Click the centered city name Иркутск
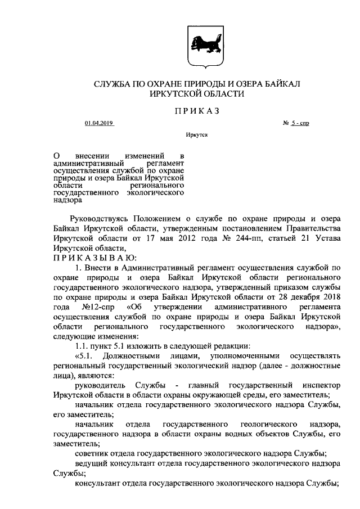point(196,136)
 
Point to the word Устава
point(327,237)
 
